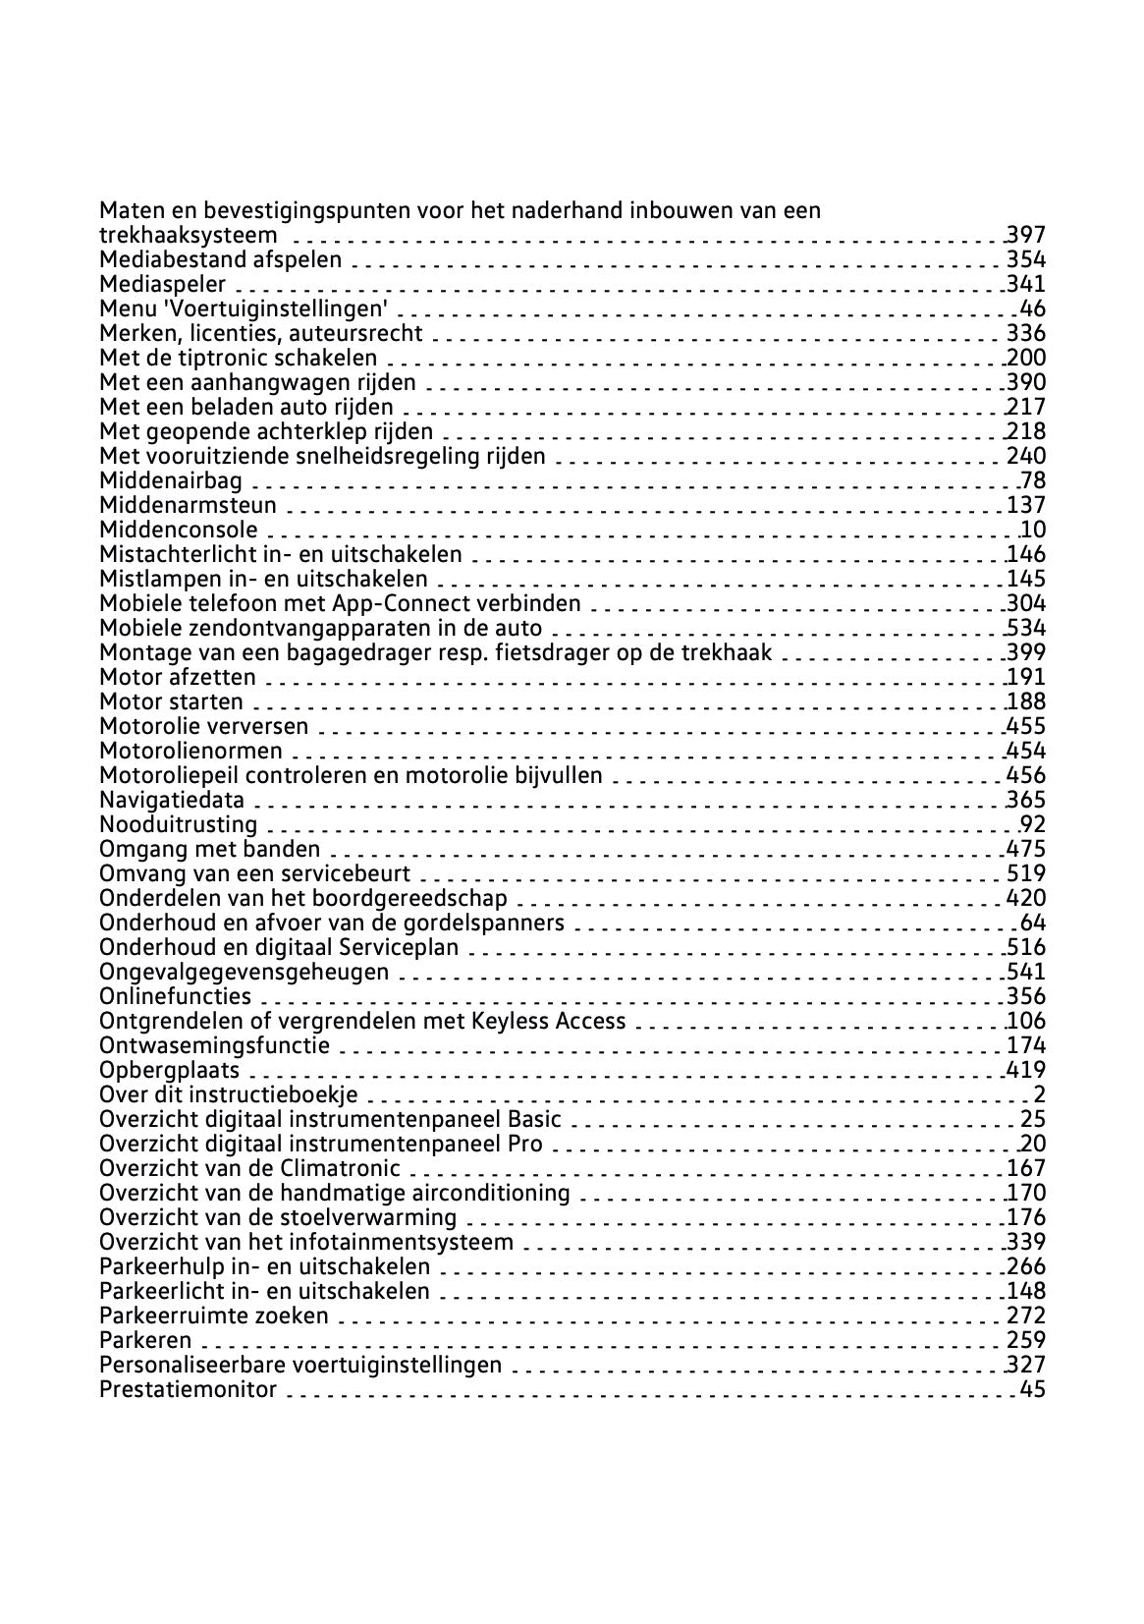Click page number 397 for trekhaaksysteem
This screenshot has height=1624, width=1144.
(x=1026, y=235)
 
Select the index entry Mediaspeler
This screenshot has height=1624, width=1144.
(x=163, y=285)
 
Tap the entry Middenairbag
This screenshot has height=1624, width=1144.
(x=171, y=480)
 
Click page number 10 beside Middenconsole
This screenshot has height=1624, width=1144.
(x=1033, y=530)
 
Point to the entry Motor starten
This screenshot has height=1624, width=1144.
(x=171, y=701)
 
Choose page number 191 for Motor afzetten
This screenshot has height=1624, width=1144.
(x=1026, y=677)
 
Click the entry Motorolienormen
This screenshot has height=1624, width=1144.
(x=191, y=751)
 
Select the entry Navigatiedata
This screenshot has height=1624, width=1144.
(x=172, y=800)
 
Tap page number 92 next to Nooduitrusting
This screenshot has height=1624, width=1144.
(x=1033, y=824)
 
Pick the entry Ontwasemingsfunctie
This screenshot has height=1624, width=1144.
(x=214, y=1045)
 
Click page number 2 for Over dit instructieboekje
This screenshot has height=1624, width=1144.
(x=1039, y=1094)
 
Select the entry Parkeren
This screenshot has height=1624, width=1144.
(x=145, y=1340)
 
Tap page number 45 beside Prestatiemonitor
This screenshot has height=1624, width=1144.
(x=1033, y=1389)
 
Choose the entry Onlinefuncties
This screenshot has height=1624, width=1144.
(x=175, y=996)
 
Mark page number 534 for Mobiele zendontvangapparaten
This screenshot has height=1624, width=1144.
(x=1026, y=628)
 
